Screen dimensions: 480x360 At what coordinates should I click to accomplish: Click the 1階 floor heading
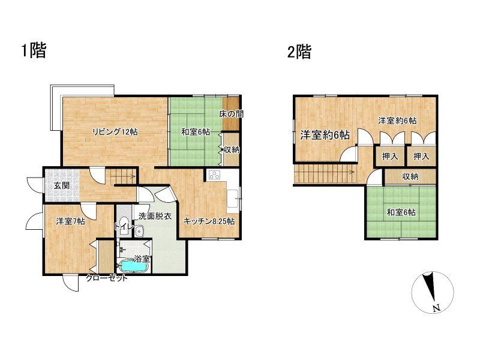34,50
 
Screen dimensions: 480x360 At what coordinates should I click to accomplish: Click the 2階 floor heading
299,52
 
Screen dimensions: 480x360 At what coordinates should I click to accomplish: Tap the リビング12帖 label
115,132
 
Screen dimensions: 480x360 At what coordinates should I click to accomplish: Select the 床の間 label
231,114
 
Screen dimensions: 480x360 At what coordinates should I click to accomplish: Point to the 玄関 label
62,185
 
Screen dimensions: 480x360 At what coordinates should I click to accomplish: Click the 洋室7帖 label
70,221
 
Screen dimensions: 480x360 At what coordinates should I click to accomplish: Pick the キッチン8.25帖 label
209,221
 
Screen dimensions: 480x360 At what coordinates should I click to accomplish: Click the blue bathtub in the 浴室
133,266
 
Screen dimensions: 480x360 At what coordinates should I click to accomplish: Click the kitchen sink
233,199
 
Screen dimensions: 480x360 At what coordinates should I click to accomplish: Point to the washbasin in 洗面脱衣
140,231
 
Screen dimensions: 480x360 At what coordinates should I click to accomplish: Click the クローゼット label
106,278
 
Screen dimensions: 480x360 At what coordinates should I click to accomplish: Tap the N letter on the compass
437,308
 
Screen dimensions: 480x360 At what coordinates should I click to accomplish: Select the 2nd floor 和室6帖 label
401,212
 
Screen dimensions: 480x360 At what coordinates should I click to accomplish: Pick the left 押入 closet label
390,157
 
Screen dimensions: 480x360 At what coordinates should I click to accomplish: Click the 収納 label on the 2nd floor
410,176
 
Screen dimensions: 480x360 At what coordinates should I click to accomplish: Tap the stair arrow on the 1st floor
125,176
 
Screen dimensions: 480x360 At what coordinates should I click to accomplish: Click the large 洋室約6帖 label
325,134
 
